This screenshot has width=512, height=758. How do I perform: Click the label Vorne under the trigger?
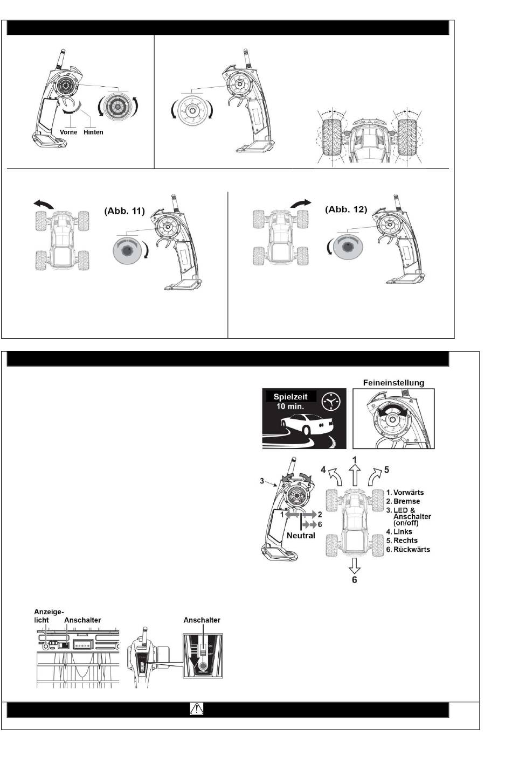68,132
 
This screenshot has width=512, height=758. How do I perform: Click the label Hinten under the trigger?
93,132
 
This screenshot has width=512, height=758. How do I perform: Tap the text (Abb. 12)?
346,209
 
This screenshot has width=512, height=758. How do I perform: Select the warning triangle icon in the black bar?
197,709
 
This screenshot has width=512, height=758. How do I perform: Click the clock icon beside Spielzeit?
331,402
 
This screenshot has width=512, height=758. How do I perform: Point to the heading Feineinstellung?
394,383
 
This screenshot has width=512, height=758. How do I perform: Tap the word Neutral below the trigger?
301,536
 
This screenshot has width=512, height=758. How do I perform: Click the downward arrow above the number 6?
354,565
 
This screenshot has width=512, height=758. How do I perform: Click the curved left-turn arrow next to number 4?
336,476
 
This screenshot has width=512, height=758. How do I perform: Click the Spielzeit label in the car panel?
290,397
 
